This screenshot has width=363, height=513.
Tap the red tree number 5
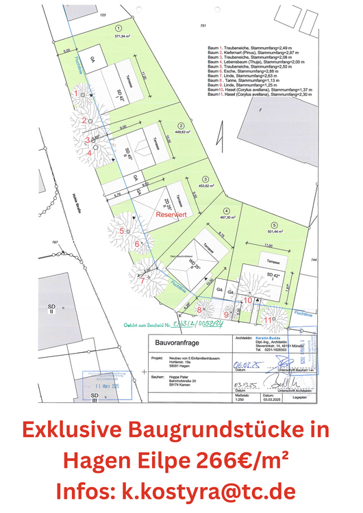121,231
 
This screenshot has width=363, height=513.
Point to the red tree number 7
142,279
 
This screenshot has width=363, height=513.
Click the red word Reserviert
171,214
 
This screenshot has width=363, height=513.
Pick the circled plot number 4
226,211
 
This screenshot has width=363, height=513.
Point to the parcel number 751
203,25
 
